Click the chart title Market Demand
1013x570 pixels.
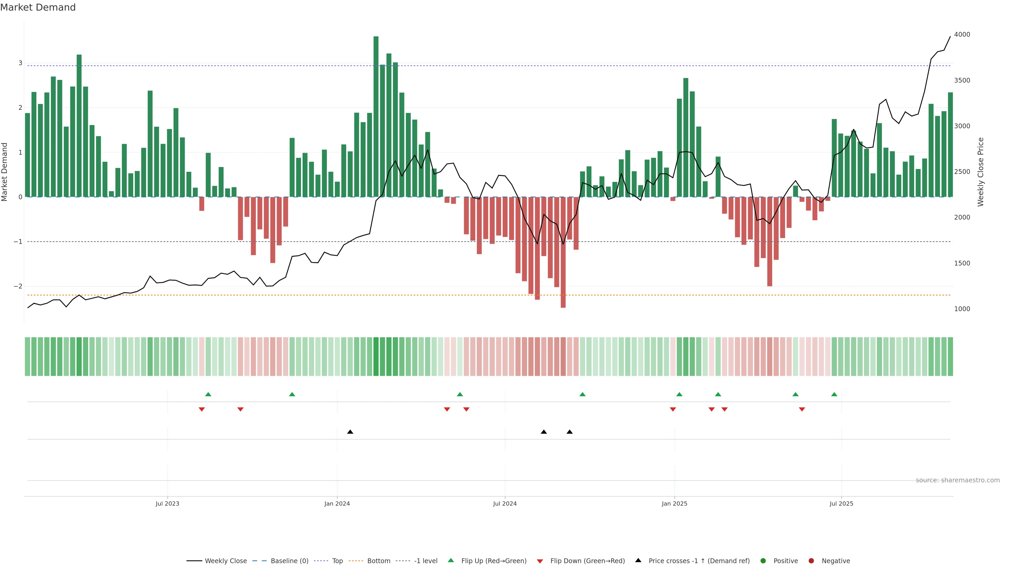point(38,7)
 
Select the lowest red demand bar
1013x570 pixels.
point(563,252)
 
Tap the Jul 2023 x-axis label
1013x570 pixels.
point(167,503)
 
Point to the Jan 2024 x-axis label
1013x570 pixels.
point(337,503)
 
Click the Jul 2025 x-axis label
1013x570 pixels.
point(841,503)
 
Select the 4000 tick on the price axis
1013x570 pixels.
point(962,35)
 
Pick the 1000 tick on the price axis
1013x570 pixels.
point(962,309)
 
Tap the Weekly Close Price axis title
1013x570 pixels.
point(981,172)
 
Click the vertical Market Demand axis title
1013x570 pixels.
point(5,172)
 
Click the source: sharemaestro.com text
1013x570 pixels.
point(958,480)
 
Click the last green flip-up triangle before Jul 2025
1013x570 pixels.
point(834,394)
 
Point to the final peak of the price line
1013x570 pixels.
point(950,37)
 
